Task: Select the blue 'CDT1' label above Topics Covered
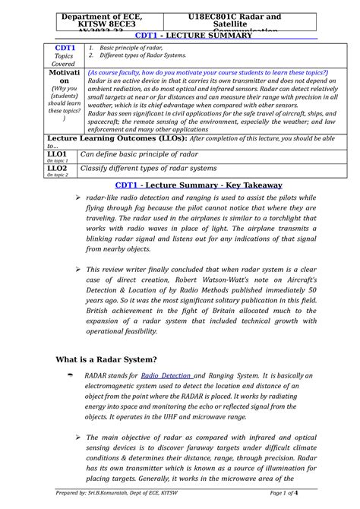point(57,49)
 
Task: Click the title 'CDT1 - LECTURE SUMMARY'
point(182,35)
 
